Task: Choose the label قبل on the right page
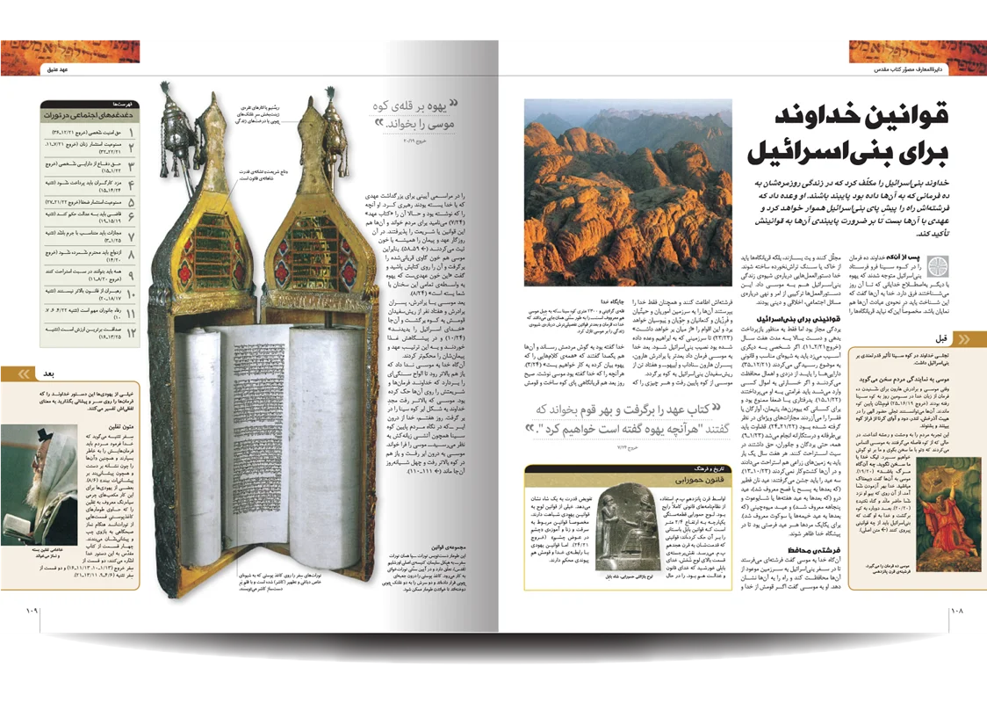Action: (x=941, y=338)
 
